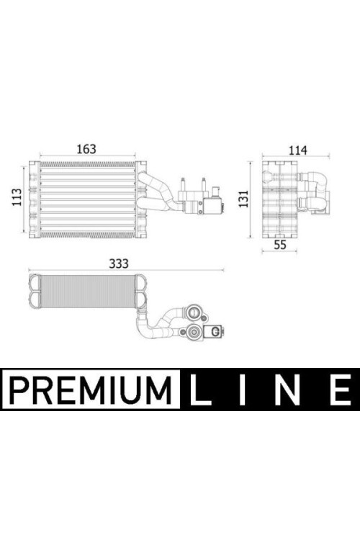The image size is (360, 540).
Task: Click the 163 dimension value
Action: click(86, 149)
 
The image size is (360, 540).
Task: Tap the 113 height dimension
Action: click(17, 197)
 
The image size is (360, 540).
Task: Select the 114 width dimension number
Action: click(297, 150)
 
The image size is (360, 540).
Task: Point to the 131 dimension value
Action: click(243, 199)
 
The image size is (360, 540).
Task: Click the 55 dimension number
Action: click(280, 245)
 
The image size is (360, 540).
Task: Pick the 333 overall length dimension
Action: click(119, 264)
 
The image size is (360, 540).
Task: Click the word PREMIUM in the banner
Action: click(91, 390)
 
